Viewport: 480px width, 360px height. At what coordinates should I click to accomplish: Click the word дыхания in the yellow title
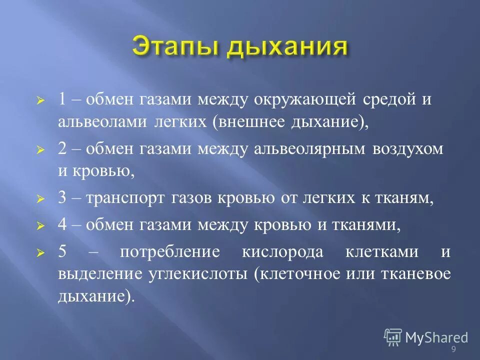(x=286, y=48)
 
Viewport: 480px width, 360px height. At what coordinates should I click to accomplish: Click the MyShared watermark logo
(x=425, y=337)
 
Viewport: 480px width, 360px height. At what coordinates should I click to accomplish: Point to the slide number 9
(x=453, y=349)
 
